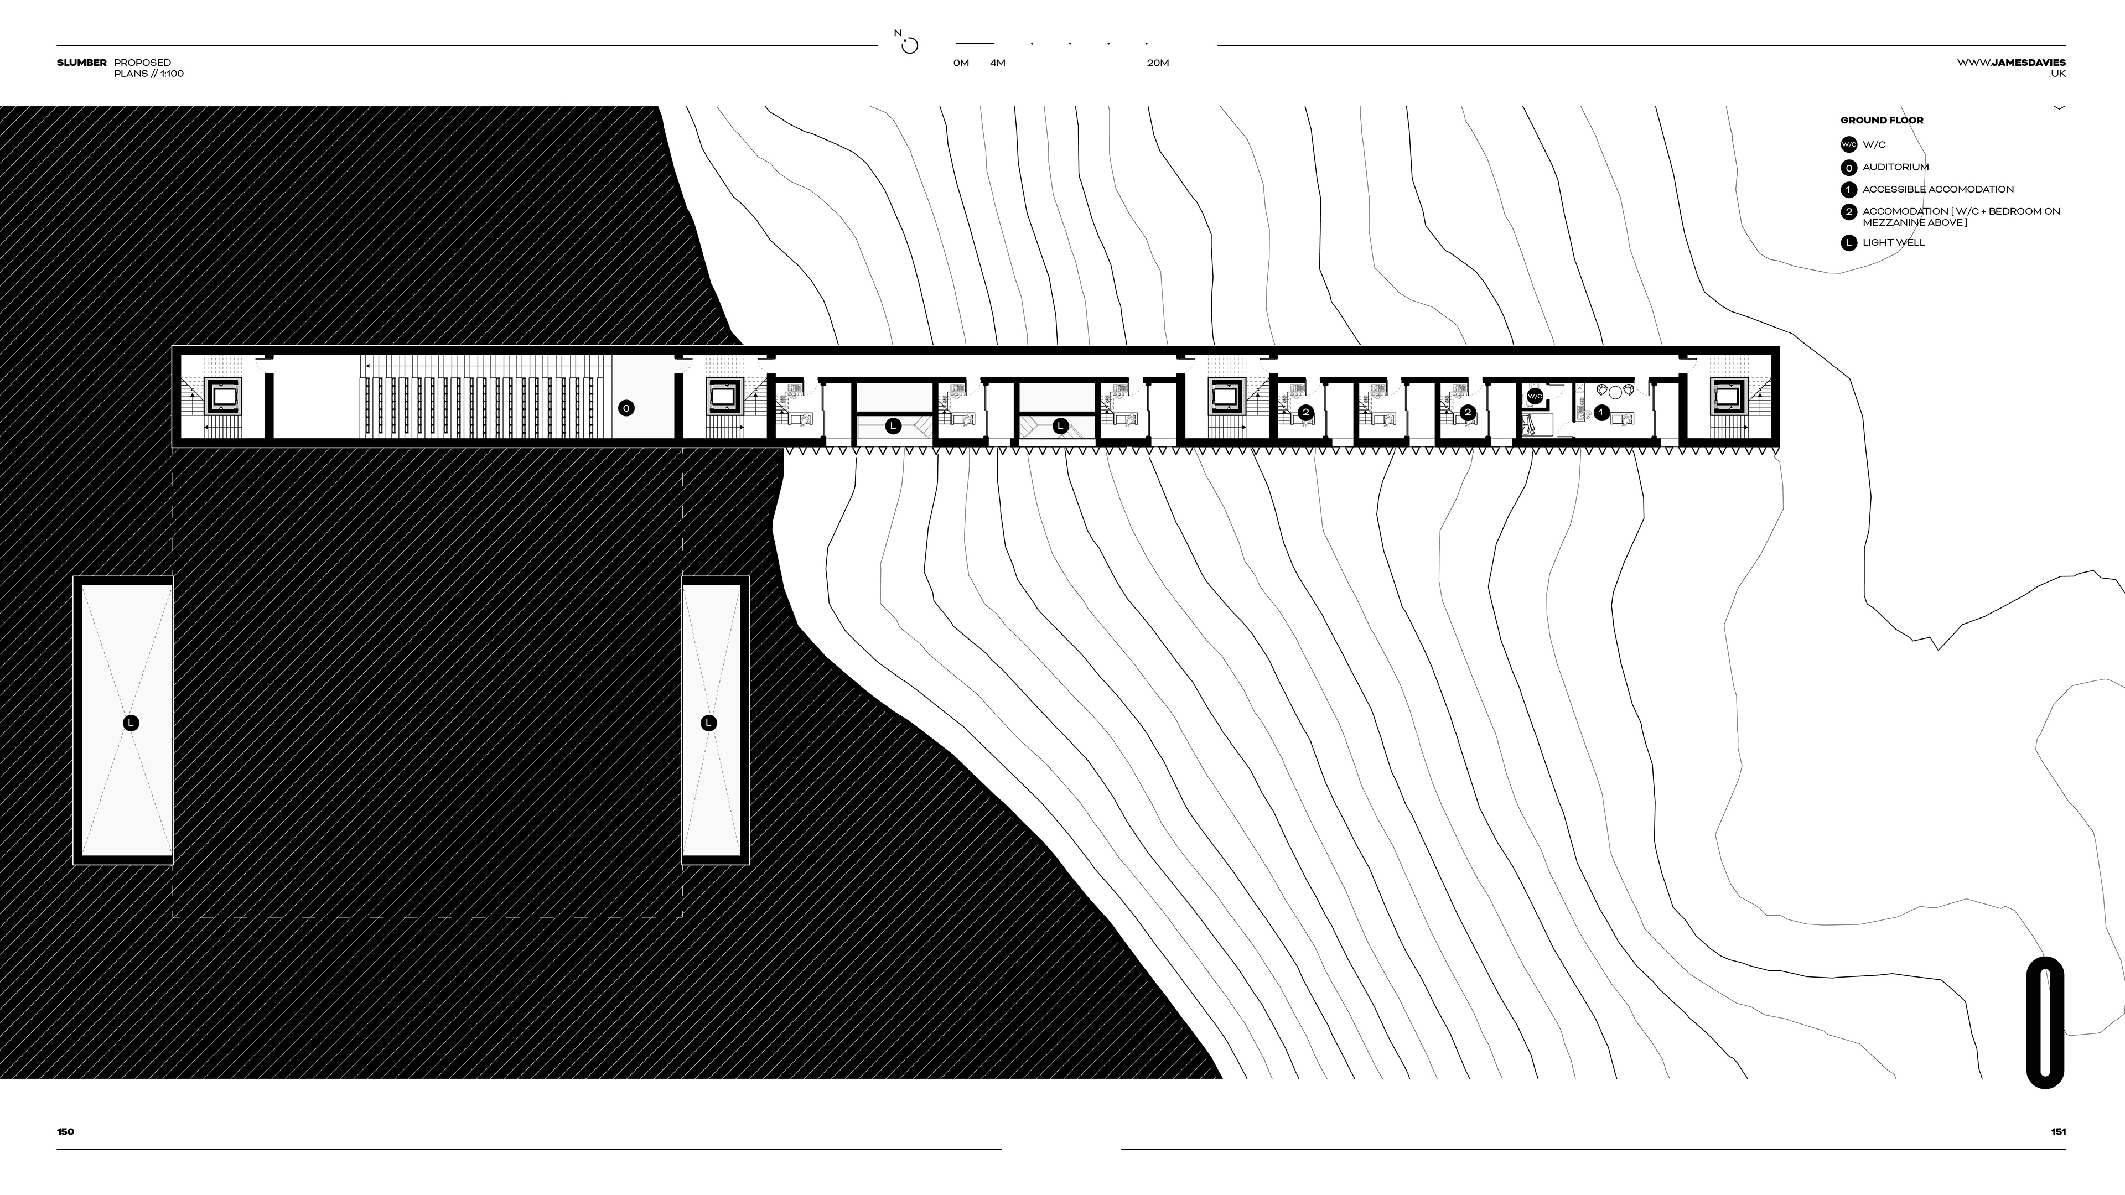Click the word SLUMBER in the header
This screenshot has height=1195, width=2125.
coord(82,63)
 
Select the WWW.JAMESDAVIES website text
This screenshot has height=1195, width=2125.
coord(2011,63)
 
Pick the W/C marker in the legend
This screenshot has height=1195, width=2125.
coord(1849,145)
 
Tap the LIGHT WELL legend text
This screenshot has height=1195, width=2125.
coord(1893,242)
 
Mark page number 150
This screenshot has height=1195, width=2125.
coord(65,1131)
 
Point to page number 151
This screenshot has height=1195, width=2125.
coord(2058,1131)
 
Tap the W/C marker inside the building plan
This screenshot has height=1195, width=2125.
coord(1535,397)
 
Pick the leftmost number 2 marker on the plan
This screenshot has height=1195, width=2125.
coord(1305,412)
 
